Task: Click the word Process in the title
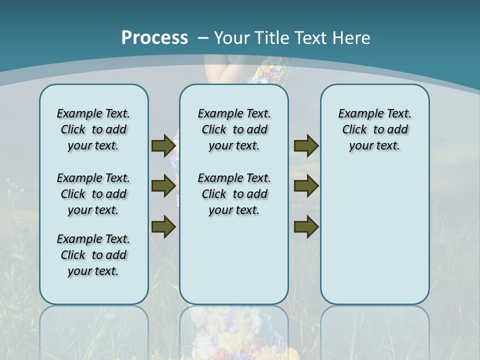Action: click(x=154, y=37)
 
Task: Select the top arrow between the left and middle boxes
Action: click(x=163, y=145)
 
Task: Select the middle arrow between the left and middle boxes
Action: click(x=163, y=186)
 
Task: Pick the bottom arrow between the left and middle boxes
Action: click(x=163, y=227)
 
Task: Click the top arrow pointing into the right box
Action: click(x=306, y=145)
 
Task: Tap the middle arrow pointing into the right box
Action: click(x=306, y=186)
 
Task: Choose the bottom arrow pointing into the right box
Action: click(x=306, y=227)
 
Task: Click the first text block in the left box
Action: click(x=93, y=129)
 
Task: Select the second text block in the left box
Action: click(x=93, y=194)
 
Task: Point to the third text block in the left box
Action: click(x=93, y=255)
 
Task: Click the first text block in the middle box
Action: click(x=234, y=129)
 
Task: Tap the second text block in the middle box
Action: click(x=234, y=194)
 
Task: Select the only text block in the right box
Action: click(x=374, y=129)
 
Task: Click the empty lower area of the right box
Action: click(x=374, y=240)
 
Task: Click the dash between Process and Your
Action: click(x=203, y=38)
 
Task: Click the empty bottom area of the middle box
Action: click(x=234, y=265)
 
